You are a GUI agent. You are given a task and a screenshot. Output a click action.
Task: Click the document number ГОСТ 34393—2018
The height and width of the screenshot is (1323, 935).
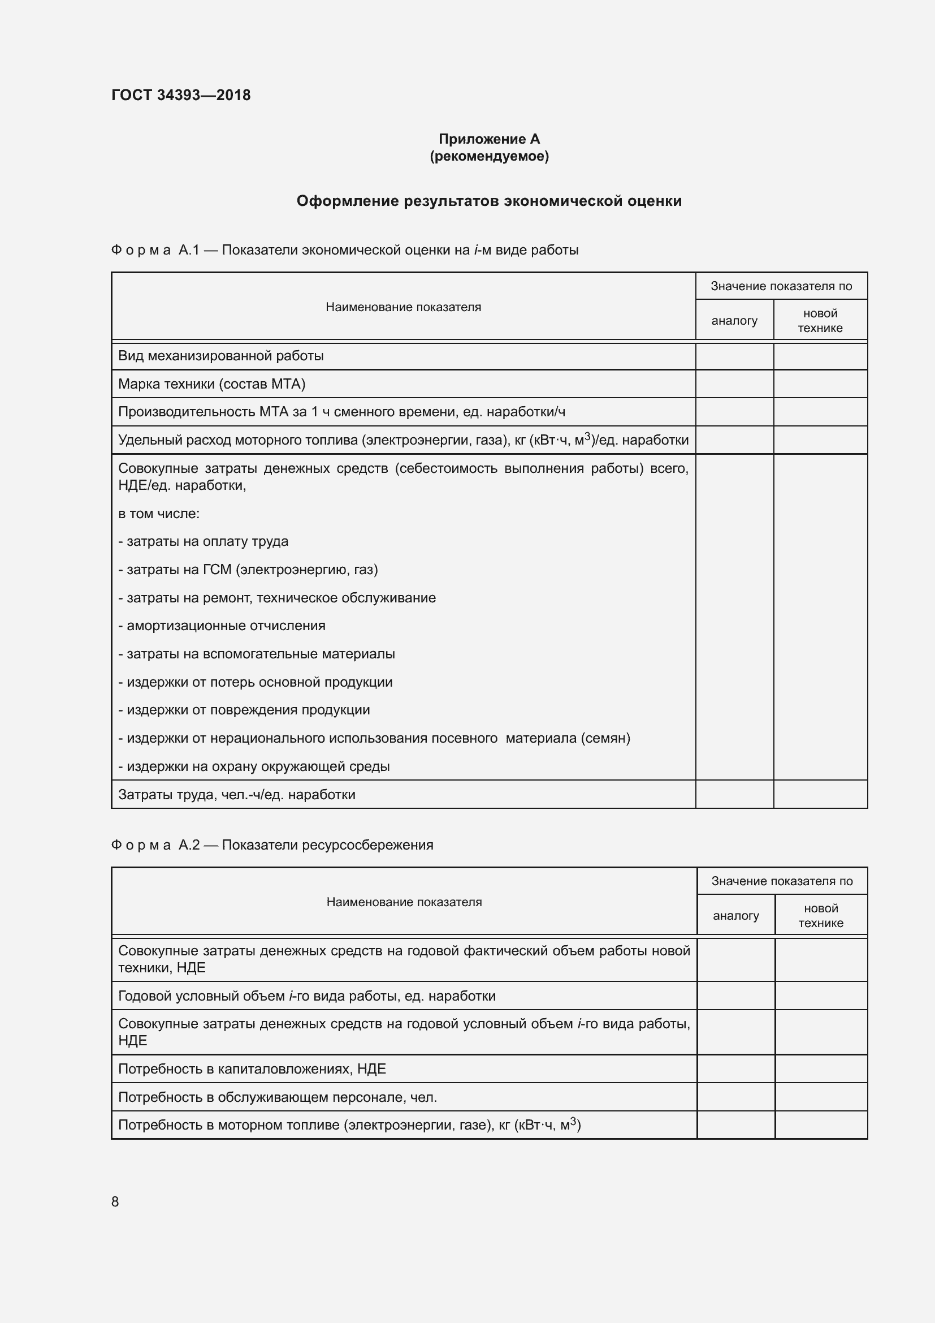181,95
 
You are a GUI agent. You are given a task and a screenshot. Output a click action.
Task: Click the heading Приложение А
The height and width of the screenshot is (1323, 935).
489,139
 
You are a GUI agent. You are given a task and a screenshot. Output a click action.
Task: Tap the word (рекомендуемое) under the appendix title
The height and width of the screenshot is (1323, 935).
489,156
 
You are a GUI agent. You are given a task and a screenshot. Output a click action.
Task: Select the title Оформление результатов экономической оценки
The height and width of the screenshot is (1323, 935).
489,201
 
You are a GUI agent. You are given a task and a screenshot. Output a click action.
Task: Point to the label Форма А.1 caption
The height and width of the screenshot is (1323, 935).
344,250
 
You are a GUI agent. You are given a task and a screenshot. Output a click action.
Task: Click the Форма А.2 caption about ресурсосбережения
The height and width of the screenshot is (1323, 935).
272,844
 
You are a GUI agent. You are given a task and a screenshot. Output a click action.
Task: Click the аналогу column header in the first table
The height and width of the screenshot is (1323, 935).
734,321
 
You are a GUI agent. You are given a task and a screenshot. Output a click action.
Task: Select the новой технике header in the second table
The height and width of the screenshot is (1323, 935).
820,916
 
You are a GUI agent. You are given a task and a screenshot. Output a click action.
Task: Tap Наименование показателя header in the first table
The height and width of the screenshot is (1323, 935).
403,307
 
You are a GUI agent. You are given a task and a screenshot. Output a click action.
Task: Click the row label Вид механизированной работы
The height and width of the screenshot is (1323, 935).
220,356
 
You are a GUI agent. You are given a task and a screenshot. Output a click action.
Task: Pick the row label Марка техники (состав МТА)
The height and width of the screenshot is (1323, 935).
211,383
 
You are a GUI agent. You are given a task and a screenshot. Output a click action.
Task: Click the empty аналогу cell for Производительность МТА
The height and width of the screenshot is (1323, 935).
734,412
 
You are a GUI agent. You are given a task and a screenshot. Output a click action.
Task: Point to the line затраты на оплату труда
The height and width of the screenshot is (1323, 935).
204,542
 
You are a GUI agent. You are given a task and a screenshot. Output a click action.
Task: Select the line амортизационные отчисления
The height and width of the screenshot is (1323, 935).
222,626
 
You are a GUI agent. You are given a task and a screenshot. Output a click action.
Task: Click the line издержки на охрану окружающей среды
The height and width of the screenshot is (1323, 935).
254,766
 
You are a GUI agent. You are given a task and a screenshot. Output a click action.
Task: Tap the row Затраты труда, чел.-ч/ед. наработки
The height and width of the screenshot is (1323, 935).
237,795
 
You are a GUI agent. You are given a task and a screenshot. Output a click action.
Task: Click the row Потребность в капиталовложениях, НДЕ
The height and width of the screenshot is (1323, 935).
252,1069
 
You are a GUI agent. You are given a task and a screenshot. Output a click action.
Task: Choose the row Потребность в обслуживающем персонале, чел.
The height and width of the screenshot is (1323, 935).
278,1097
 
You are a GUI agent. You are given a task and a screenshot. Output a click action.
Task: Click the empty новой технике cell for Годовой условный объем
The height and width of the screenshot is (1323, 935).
820,996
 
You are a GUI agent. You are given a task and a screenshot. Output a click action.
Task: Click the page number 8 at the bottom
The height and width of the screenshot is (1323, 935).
115,1201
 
